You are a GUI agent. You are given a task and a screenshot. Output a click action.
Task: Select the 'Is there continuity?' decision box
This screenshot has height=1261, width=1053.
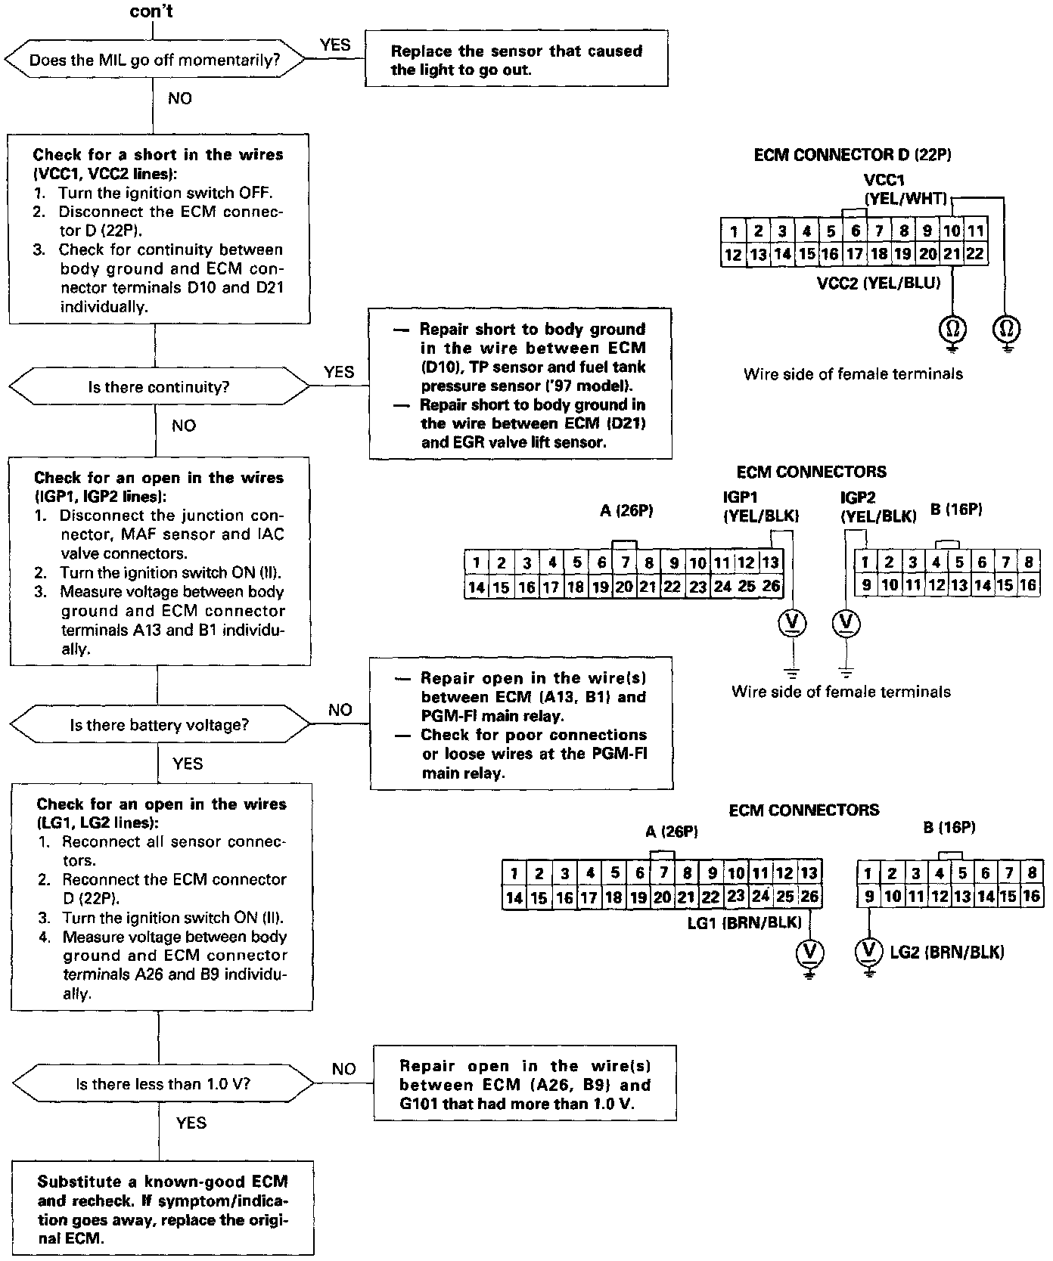tap(158, 387)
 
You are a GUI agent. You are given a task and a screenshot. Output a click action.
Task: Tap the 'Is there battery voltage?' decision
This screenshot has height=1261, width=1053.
tap(159, 725)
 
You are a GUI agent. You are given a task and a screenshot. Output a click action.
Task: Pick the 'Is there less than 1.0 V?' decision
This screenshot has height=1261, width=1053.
tap(163, 1084)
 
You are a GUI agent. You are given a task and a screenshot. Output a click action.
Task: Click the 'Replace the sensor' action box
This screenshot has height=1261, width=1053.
tap(516, 60)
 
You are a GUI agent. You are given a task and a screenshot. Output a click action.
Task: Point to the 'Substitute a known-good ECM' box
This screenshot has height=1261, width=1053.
tap(163, 1210)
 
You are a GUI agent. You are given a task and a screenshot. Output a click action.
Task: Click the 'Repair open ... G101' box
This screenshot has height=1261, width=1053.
tap(524, 1084)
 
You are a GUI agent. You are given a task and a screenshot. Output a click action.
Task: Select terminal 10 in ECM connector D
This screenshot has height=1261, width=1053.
tap(951, 231)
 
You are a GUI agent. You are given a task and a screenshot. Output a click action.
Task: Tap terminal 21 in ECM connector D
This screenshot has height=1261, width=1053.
tap(951, 254)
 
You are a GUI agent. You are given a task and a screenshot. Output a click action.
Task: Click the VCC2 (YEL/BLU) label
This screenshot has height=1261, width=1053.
tap(878, 283)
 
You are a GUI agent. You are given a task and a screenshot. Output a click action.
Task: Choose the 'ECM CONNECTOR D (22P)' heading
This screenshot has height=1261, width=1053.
tap(853, 155)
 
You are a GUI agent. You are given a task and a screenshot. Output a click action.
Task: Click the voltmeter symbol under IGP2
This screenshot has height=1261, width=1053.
tap(846, 622)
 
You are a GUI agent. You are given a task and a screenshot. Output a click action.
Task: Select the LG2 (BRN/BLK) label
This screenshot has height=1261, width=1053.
tap(947, 952)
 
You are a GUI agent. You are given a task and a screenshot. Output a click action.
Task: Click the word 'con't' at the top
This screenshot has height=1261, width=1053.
tap(151, 11)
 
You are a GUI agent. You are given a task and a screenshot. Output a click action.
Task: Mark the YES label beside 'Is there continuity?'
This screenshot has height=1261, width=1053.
tap(338, 371)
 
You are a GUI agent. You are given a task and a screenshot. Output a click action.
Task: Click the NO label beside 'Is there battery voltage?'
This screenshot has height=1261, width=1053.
tap(340, 710)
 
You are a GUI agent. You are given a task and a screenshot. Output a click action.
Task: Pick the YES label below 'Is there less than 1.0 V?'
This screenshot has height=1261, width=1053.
tap(191, 1123)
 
